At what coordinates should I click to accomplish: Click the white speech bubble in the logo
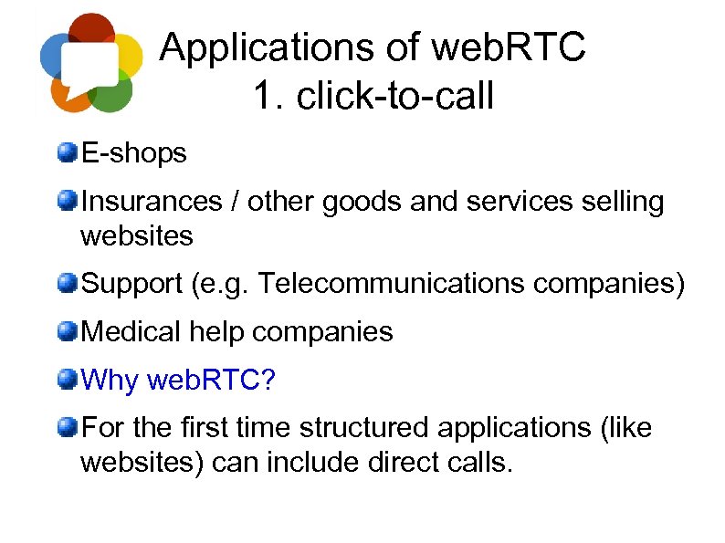[x=89, y=64]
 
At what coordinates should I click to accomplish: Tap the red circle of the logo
[x=90, y=30]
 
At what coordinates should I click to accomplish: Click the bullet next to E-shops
[x=67, y=151]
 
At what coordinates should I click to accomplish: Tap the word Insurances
[x=152, y=201]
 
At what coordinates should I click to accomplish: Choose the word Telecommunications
[x=392, y=284]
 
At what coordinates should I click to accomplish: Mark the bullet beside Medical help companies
[x=67, y=330]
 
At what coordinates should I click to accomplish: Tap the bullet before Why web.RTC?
[x=67, y=378]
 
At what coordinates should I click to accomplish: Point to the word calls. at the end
[x=480, y=462]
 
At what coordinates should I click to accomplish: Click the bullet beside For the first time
[x=67, y=425]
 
